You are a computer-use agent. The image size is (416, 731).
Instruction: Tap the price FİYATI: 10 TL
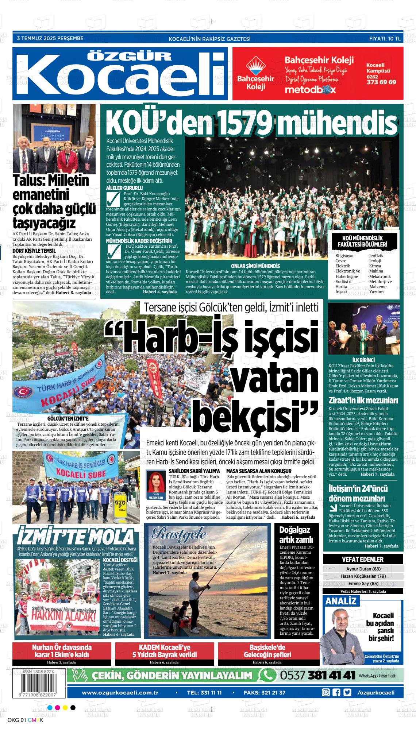(x=385, y=38)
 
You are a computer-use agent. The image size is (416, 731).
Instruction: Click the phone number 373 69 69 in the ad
(x=381, y=82)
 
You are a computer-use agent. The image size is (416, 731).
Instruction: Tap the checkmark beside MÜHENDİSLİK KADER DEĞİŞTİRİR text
(x=113, y=252)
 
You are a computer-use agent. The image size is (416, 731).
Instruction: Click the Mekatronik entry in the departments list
(x=380, y=276)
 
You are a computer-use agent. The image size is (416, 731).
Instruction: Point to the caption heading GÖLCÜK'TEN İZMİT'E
(x=68, y=418)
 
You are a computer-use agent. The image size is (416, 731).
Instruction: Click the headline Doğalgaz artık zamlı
(x=296, y=535)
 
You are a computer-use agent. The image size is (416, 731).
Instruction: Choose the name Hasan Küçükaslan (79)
(x=363, y=576)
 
